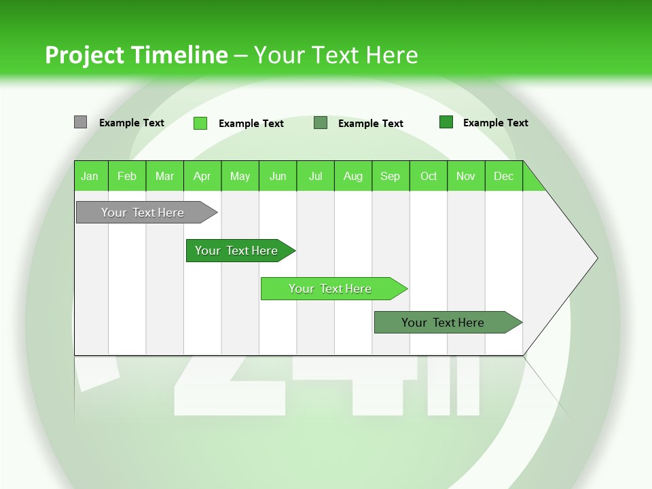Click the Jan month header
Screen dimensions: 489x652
(90, 176)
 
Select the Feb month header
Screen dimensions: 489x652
(127, 176)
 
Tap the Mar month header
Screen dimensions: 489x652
(164, 176)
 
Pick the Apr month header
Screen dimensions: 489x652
(202, 176)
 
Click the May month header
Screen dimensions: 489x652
(240, 176)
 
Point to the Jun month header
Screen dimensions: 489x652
(278, 176)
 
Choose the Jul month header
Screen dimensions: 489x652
(315, 176)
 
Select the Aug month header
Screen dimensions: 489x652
(353, 176)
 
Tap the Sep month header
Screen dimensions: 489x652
(391, 176)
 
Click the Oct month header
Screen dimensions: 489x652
(429, 176)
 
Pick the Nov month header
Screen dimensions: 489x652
(466, 176)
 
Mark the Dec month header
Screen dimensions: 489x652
(504, 176)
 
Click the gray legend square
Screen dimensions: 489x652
(80, 122)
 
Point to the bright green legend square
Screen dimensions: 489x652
(200, 123)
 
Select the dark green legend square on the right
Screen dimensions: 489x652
(446, 122)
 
